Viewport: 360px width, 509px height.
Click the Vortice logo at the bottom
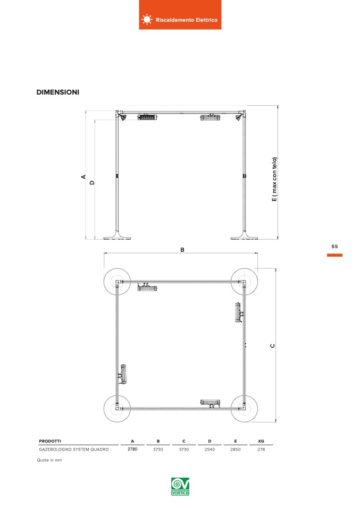point(180,486)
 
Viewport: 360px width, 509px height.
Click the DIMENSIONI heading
point(58,92)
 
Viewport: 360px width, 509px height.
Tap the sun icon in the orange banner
point(147,20)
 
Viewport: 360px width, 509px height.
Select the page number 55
point(334,247)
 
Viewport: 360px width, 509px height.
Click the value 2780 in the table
point(132,449)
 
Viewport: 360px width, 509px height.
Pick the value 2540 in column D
point(210,449)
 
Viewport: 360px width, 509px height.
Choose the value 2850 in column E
point(235,449)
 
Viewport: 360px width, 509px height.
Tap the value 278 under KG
point(261,449)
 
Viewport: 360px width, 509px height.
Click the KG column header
point(261,441)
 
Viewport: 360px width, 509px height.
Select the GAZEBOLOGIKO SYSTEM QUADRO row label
point(74,449)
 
